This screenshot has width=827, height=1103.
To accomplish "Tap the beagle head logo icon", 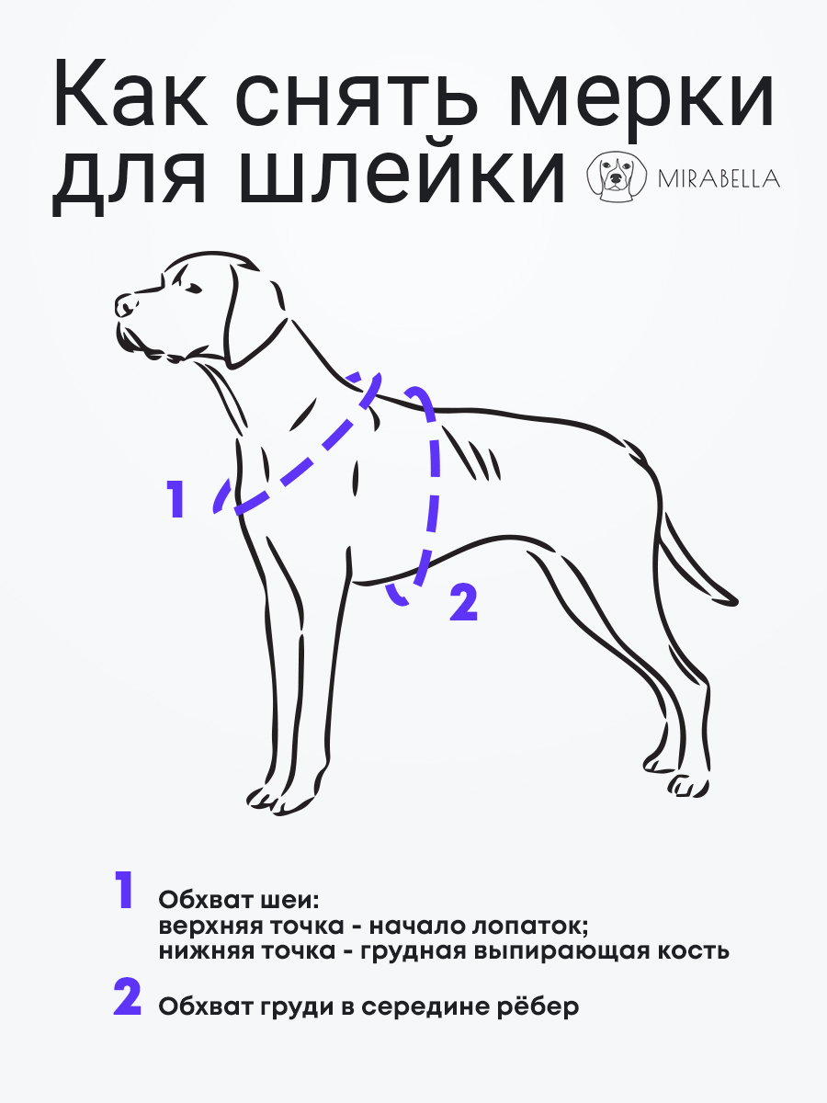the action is click(617, 176).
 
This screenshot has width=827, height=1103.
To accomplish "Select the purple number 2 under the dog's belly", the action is click(463, 601).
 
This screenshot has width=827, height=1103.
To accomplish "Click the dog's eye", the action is click(193, 289).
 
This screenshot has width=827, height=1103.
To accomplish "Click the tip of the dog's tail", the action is click(736, 600).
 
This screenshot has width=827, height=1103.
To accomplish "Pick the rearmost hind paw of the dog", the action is click(689, 786).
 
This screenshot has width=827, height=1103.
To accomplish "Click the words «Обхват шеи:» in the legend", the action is click(239, 901).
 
